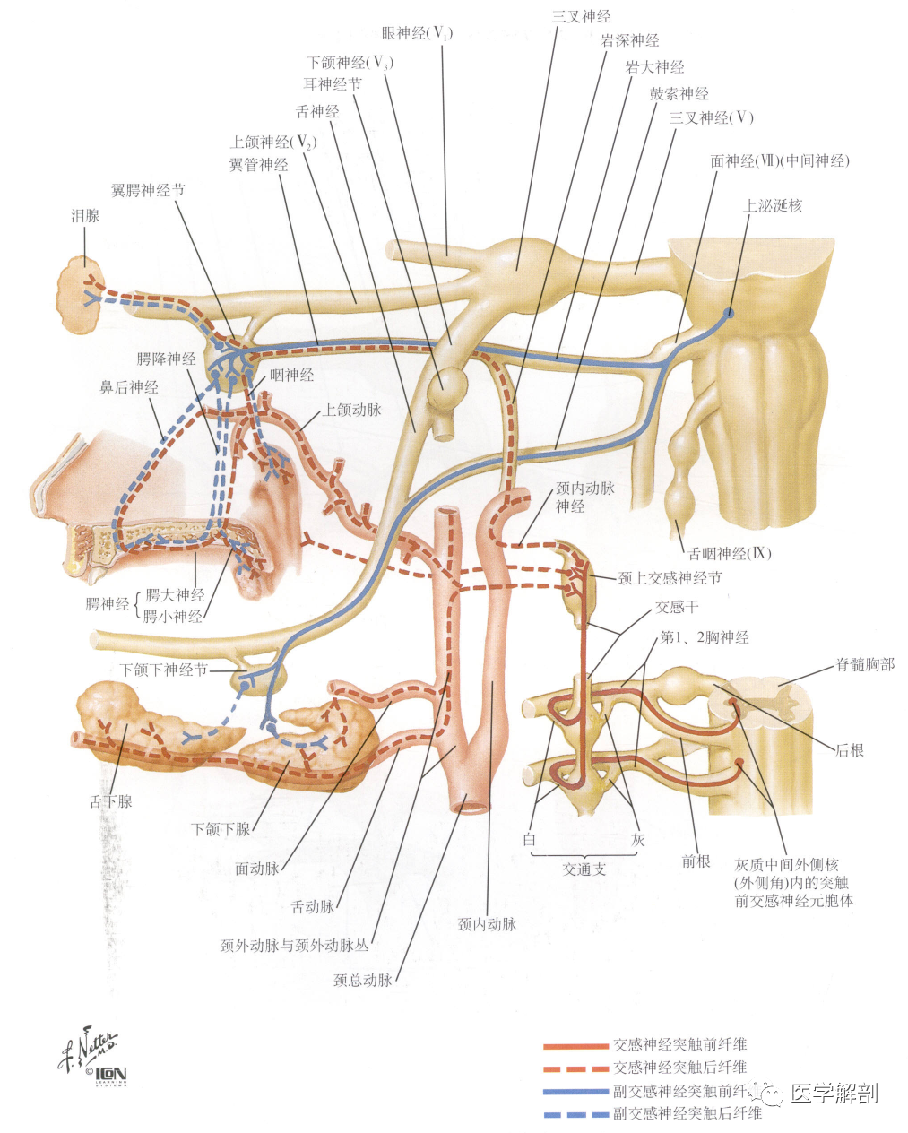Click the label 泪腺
[85, 216]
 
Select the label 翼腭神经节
[148, 190]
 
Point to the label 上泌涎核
[772, 205]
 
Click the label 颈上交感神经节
[670, 578]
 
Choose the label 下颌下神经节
[164, 670]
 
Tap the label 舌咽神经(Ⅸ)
[730, 553]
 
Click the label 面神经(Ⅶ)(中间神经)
[780, 161]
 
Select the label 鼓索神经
[679, 94]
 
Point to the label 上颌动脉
[351, 410]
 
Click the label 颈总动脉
[363, 980]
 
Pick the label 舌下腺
[110, 801]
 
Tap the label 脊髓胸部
[865, 664]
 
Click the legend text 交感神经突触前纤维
[679, 1044]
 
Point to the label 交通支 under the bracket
[584, 869]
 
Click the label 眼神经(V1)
[417, 34]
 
